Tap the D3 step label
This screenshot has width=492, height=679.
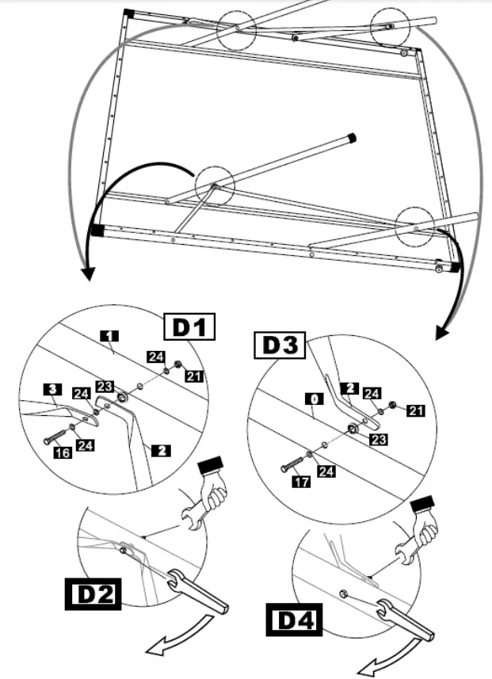coord(279,345)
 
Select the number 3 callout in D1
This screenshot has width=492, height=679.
coord(51,389)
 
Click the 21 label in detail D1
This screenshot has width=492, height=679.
coord(194,375)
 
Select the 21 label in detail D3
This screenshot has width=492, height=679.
coord(417,410)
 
